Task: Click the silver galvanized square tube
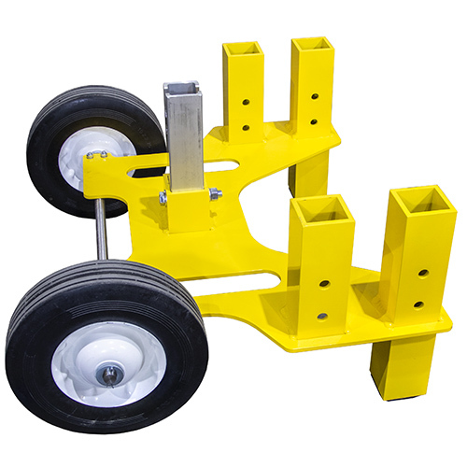click(x=183, y=140)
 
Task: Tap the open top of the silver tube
click(x=183, y=90)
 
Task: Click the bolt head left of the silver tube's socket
click(x=162, y=197)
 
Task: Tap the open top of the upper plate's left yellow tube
click(x=243, y=47)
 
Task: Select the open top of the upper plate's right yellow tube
click(x=311, y=43)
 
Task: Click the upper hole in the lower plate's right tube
click(x=423, y=273)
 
